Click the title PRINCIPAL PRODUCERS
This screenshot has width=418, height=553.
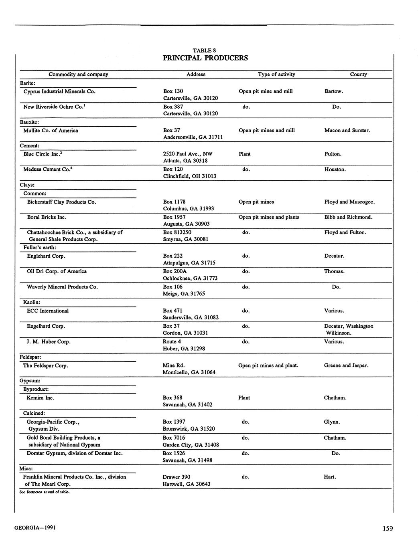[x=205, y=58]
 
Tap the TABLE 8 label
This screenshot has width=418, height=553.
[x=205, y=50]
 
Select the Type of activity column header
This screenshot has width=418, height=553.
[x=276, y=74]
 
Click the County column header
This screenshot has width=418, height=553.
[x=358, y=74]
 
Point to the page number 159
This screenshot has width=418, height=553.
[x=388, y=529]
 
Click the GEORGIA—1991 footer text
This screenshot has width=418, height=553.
[x=35, y=527]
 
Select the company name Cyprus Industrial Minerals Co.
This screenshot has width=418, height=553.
[x=59, y=91]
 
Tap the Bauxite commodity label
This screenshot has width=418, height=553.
[x=29, y=122]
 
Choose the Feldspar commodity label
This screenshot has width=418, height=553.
[x=30, y=357]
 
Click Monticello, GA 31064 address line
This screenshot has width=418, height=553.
[x=189, y=372]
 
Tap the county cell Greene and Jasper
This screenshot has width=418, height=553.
[x=346, y=365]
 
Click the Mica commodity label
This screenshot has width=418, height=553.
[x=26, y=468]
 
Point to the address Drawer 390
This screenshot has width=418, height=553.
[x=177, y=477]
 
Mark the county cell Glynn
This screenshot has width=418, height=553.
[x=332, y=422]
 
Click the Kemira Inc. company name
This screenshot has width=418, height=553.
[x=40, y=398]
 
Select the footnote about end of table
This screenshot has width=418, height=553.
[x=45, y=492]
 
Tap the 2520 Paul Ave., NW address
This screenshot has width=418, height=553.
[x=188, y=154]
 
